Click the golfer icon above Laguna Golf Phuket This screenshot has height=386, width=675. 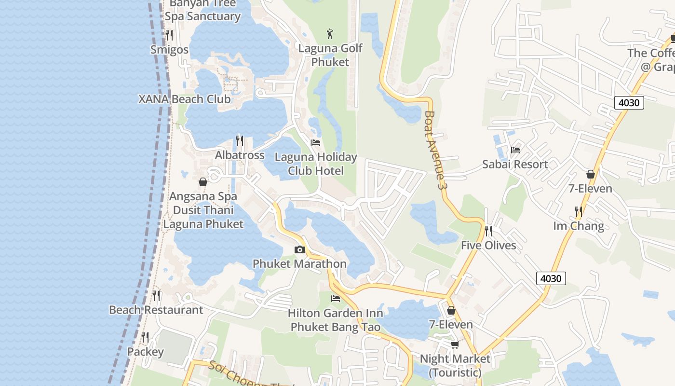[x=330, y=34]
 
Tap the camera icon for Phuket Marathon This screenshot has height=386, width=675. [x=300, y=249]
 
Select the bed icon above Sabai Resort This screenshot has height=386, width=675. [x=515, y=150]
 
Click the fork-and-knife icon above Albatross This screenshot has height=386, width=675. [x=240, y=140]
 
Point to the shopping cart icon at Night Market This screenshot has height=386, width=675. [x=455, y=345]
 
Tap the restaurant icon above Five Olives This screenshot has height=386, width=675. [x=488, y=231]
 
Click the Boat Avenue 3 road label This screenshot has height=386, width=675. [x=433, y=150]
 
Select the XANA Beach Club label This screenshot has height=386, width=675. [x=185, y=99]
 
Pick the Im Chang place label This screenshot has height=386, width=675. [x=578, y=226]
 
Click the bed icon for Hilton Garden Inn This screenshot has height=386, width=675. [x=336, y=299]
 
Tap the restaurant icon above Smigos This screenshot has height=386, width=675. [x=169, y=35]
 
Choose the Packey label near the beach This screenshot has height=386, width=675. [x=145, y=352]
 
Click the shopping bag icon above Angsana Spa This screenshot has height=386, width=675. [x=203, y=182]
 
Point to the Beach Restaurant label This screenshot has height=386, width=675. [x=156, y=310]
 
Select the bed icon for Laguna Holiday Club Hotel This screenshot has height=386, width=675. [x=316, y=142]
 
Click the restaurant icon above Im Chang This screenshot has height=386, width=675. [x=578, y=211]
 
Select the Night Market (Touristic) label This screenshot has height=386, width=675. [x=455, y=366]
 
